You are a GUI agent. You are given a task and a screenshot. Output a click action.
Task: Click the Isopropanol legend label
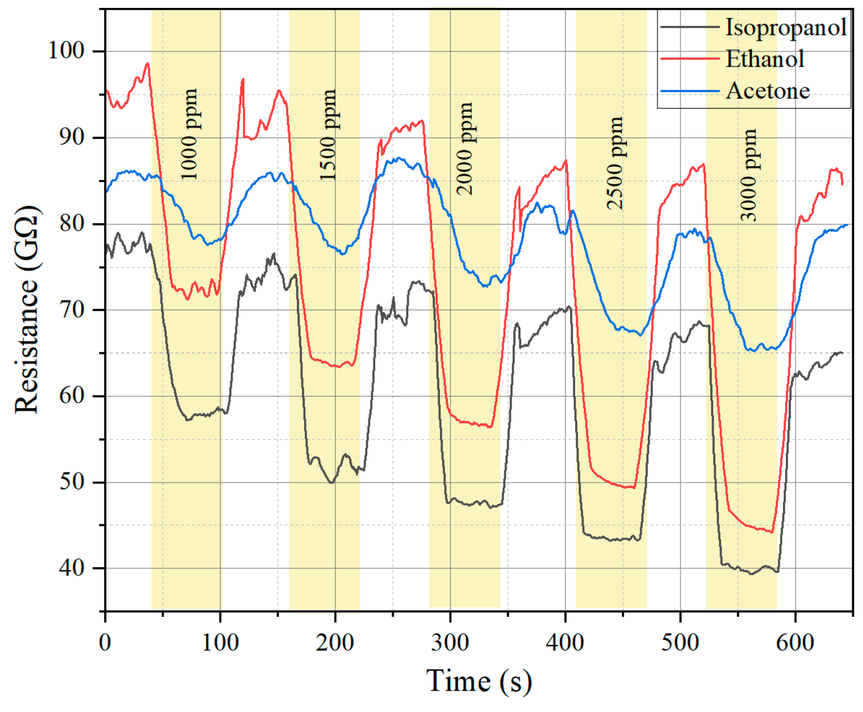click(785, 27)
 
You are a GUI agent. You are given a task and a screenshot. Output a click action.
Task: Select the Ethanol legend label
click(764, 59)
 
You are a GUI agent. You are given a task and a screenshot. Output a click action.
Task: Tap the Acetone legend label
click(768, 91)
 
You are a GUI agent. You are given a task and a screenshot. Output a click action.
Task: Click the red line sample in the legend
click(690, 59)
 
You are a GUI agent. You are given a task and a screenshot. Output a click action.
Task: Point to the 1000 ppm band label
click(189, 134)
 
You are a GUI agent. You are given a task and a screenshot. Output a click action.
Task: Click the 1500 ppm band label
click(327, 135)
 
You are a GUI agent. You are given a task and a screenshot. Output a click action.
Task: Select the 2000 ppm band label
click(464, 149)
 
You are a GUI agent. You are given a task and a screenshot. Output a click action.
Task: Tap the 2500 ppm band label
click(615, 163)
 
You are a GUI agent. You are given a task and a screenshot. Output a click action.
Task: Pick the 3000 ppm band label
click(748, 175)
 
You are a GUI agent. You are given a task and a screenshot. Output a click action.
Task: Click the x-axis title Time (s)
click(478, 680)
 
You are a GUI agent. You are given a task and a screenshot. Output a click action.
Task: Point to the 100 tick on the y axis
click(66, 51)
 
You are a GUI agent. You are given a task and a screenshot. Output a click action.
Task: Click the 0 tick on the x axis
click(105, 642)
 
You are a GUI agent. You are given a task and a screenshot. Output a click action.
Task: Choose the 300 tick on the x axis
click(450, 642)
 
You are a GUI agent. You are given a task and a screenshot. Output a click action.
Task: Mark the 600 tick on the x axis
click(795, 642)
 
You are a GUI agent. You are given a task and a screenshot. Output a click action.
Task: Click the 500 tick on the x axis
click(680, 642)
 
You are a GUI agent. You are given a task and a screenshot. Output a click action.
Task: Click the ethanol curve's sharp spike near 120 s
click(243, 80)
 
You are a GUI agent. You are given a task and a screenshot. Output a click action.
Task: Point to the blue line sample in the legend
click(690, 91)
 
